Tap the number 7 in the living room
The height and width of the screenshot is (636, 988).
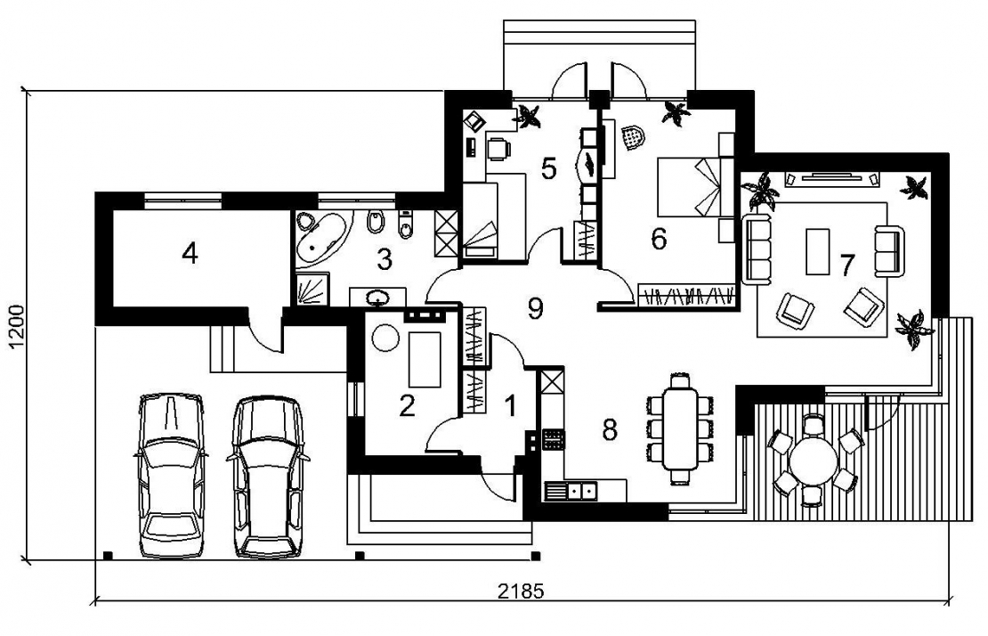[x=846, y=265]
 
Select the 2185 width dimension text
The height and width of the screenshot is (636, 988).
[x=520, y=591]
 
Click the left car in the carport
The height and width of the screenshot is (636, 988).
[x=170, y=476]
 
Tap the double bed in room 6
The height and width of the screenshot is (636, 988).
[x=690, y=187]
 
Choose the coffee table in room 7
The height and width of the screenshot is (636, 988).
[x=818, y=251]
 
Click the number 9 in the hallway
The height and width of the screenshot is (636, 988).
[x=535, y=308]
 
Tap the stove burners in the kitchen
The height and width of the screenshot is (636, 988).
[x=554, y=439]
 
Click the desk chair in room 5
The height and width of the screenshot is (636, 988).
[x=498, y=148]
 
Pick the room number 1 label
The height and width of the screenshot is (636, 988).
[x=510, y=406]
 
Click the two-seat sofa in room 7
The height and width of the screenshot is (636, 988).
[x=888, y=250]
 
